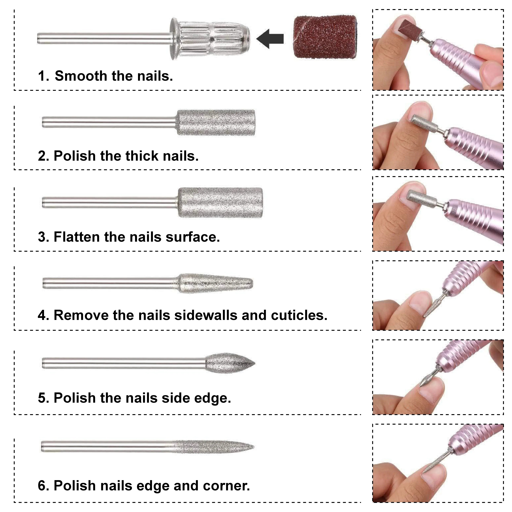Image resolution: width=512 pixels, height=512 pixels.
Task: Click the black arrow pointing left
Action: (270, 39)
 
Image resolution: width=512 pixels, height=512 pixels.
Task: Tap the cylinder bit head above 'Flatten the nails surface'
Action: (220, 203)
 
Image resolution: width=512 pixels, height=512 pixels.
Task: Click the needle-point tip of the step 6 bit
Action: (254, 447)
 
